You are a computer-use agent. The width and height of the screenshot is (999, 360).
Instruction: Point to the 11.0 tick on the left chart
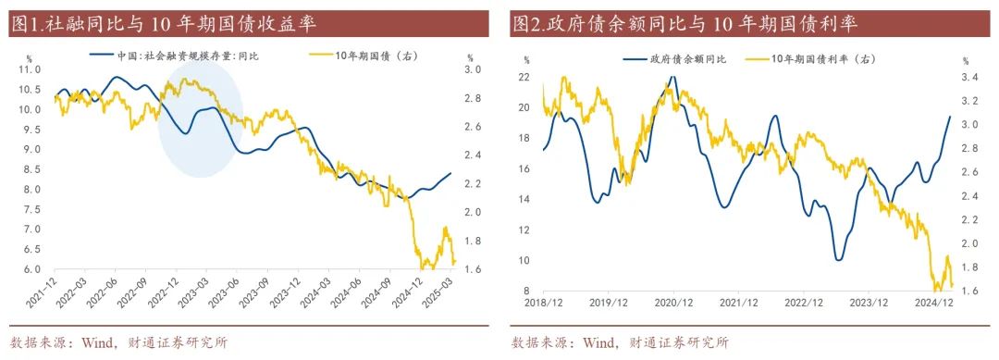click(31, 69)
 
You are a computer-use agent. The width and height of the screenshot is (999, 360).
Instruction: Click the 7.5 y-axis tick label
click(31, 209)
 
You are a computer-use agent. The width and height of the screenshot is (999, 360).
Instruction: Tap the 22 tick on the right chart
click(523, 77)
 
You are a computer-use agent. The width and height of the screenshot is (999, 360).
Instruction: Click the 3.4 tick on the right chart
click(970, 77)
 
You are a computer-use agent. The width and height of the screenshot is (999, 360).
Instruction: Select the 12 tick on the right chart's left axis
click(523, 230)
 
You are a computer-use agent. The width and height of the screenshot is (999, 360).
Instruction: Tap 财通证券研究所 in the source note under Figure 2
click(679, 342)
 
